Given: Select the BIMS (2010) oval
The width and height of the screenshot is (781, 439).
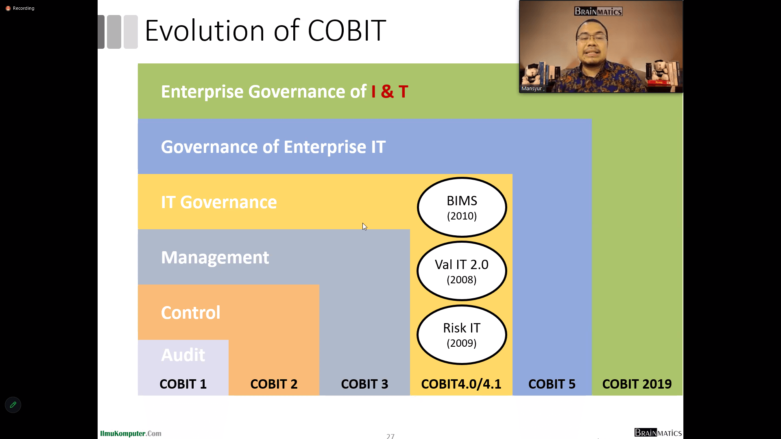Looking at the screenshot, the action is tap(462, 207).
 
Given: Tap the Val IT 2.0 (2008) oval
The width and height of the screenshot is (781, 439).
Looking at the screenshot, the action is tap(462, 271).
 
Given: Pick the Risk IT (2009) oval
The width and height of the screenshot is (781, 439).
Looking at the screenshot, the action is tap(462, 335).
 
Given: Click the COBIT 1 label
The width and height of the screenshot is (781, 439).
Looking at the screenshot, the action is tap(183, 384).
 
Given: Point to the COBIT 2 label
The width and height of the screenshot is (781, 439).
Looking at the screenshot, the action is tap(274, 384).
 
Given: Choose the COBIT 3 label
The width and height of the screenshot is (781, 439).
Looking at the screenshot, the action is tap(364, 384).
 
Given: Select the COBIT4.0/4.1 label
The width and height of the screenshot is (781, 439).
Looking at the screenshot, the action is tap(461, 384).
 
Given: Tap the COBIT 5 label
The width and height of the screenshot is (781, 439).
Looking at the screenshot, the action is tap(552, 384).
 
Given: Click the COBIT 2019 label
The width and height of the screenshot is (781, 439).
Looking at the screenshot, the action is tap(637, 384).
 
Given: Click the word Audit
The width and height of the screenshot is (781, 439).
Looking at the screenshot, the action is tap(183, 355).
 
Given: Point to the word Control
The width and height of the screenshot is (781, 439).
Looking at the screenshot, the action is tap(191, 313).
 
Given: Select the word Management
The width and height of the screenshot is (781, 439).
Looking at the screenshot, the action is tap(215, 258).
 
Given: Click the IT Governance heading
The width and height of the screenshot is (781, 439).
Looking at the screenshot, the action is tap(219, 202).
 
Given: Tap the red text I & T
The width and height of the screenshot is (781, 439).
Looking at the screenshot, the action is tap(390, 91).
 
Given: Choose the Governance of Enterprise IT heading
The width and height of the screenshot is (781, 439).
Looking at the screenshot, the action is tap(273, 147).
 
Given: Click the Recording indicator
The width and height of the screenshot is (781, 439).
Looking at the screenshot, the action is tap(20, 8).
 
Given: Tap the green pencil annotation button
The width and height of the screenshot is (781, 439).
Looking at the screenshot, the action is tap(13, 405).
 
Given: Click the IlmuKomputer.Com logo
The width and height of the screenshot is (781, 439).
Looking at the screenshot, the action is tap(131, 434).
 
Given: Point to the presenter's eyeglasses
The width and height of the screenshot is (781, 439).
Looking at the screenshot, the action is tap(592, 39).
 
